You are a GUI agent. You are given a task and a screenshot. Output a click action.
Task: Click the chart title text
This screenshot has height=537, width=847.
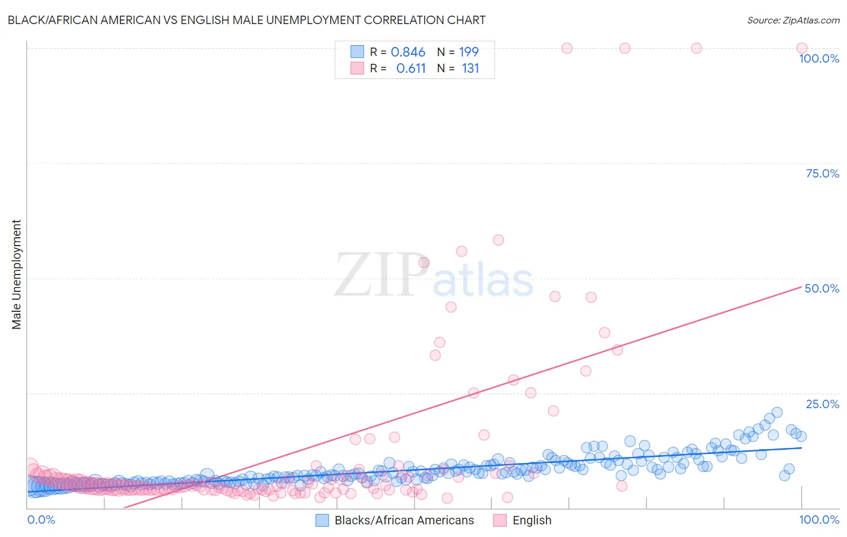tap(246, 20)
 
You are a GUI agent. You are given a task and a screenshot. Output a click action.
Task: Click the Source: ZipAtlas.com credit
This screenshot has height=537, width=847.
tap(793, 20)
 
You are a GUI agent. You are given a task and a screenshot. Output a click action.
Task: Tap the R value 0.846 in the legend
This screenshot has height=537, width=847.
tap(408, 52)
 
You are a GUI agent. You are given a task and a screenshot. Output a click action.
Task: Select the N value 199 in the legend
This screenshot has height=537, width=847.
tap(469, 52)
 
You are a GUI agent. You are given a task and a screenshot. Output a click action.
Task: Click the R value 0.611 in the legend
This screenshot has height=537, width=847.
tap(411, 69)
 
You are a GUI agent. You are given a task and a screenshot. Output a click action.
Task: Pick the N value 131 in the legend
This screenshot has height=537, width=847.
tap(470, 69)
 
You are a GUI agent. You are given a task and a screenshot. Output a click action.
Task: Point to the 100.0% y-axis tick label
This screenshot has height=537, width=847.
tap(819, 58)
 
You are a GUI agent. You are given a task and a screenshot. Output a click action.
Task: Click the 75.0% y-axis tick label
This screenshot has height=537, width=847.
tap(822, 173)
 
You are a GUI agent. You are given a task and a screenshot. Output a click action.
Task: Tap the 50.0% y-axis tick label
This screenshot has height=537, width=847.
tap(822, 288)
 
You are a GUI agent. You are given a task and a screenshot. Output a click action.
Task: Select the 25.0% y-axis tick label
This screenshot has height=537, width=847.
tap(822, 403)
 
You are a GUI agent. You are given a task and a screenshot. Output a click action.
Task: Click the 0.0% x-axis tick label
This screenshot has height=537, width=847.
tap(42, 520)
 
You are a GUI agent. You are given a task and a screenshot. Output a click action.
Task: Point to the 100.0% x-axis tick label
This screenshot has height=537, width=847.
tap(819, 520)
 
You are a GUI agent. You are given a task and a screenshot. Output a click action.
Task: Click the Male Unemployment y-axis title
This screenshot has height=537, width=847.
tap(16, 275)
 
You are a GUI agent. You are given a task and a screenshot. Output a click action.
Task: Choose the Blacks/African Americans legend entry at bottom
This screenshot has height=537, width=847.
tap(395, 520)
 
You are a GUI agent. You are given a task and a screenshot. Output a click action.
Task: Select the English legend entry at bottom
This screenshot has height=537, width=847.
tap(522, 520)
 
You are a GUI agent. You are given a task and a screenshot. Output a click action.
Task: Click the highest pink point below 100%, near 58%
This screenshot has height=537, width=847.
tap(498, 240)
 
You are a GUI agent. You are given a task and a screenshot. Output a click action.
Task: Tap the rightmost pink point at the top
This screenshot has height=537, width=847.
tap(802, 48)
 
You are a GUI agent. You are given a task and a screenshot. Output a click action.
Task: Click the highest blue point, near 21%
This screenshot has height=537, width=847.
tap(777, 412)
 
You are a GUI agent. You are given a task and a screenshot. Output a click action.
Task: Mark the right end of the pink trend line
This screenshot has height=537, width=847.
tap(802, 287)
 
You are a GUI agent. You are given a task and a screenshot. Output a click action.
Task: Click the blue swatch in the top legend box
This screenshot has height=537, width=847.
tap(357, 52)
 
